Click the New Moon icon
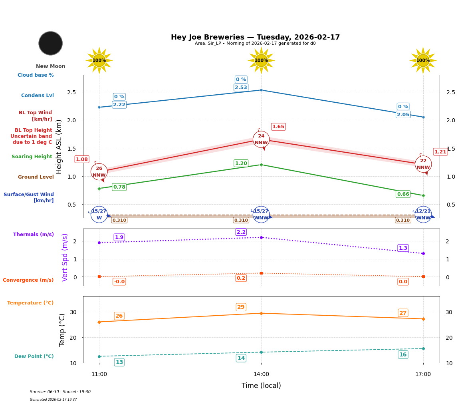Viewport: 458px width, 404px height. [51, 43]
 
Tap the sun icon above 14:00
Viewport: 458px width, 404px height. [261, 60]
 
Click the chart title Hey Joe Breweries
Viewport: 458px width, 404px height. [255, 37]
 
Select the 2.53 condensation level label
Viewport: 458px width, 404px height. [241, 88]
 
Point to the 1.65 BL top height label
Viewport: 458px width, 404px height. [278, 127]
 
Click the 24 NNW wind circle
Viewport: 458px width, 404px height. [261, 139]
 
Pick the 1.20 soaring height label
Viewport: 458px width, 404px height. [241, 163]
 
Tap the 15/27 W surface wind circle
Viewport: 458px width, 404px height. [99, 215]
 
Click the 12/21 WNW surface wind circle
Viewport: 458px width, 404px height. [423, 215]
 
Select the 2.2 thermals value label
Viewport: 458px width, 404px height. [241, 232]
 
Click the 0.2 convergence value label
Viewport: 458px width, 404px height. [241, 278]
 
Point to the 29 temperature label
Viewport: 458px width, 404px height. [241, 307]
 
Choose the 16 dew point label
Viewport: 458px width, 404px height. [403, 354]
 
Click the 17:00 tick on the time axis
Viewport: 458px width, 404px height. [423, 374]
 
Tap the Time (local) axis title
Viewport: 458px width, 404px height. [261, 386]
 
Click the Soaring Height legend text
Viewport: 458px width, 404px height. [32, 157]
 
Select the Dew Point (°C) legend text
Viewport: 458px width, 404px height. [34, 356]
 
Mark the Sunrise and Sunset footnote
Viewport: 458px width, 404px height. [60, 392]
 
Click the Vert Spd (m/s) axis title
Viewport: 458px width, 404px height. [65, 257]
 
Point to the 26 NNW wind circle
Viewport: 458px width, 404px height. [99, 172]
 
